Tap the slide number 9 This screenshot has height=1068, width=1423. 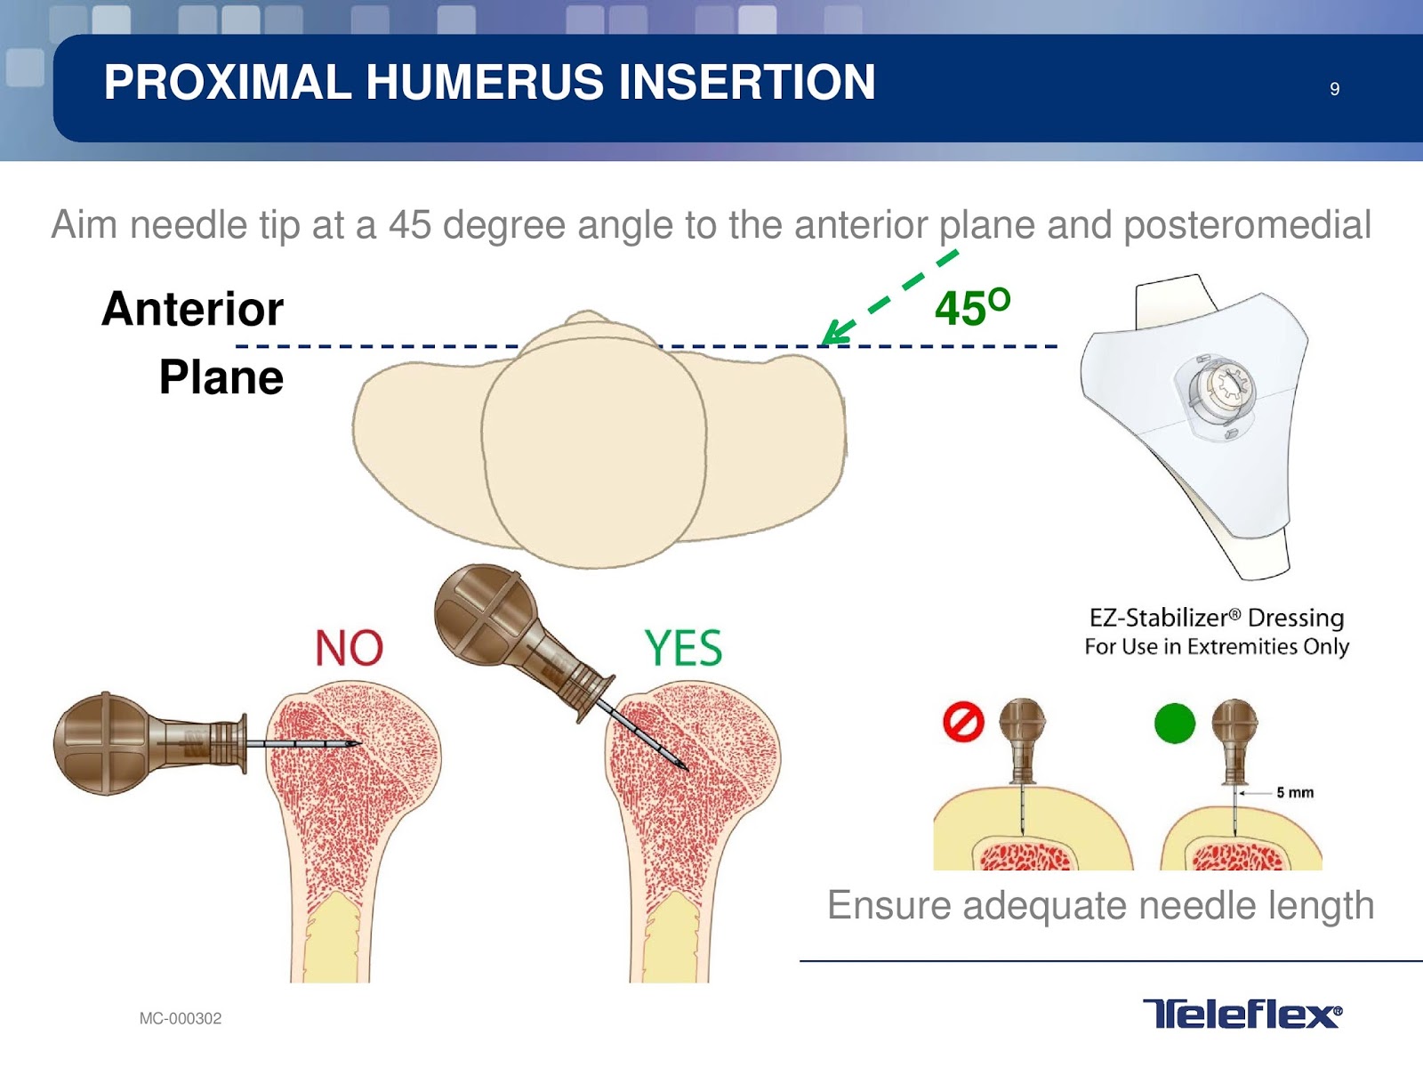(x=1334, y=89)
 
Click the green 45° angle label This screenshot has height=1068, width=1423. (x=971, y=308)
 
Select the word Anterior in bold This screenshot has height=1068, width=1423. (x=192, y=309)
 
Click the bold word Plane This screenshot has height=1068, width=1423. (x=221, y=377)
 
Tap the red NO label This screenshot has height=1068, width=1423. (x=349, y=648)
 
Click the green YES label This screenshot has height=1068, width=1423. (x=683, y=648)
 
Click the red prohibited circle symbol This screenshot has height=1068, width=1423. (x=963, y=722)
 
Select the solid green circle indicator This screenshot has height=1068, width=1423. (x=1174, y=723)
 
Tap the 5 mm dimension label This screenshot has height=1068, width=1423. (x=1295, y=792)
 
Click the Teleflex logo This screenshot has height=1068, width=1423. (x=1242, y=1013)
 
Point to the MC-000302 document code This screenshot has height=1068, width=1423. (x=181, y=1018)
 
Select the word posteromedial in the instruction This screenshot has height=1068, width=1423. (x=1247, y=224)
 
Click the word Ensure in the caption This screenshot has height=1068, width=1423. (x=889, y=905)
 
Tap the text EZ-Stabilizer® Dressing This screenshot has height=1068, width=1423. (x=1216, y=618)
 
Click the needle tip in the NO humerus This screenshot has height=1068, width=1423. (x=358, y=743)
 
